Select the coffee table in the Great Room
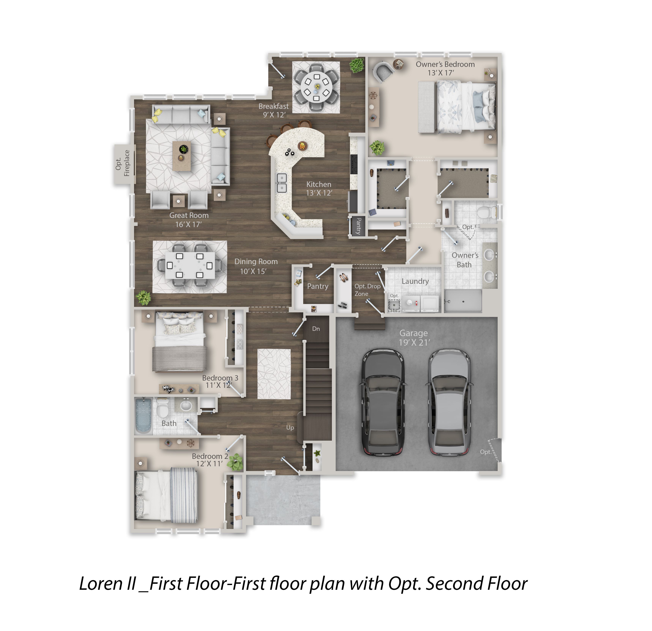[x=182, y=156]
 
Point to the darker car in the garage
[x=383, y=402]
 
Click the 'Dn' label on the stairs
[x=316, y=329]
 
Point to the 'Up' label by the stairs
[x=290, y=428]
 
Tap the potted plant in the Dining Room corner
[x=144, y=297]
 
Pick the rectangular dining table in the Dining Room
[x=190, y=265]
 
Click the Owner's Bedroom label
[x=445, y=64]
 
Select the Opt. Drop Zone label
[x=367, y=290]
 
